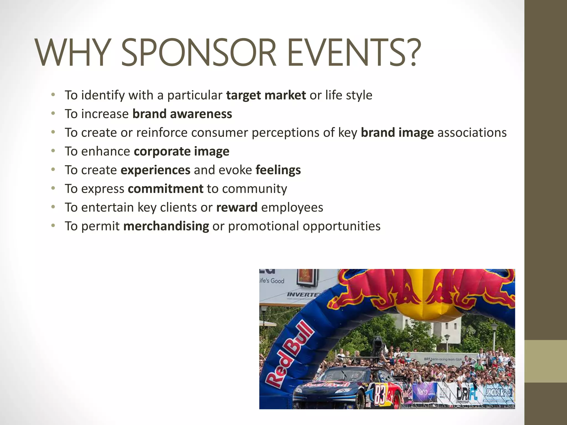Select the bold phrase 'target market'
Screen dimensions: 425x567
coord(266,95)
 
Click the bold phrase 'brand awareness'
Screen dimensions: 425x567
coord(182,114)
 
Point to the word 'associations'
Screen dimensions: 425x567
coord(472,133)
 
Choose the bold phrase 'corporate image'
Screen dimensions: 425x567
coord(181,151)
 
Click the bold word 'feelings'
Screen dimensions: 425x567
coord(278,170)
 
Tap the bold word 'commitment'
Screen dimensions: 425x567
coord(166,189)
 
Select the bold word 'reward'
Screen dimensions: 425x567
coord(237,207)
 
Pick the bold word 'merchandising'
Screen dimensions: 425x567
coord(166,226)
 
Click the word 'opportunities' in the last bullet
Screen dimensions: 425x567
coord(341,226)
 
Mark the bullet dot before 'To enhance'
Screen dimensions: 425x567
coord(53,151)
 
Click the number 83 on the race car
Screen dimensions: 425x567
coord(380,394)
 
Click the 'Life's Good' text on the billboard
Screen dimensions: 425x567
coord(272,281)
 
